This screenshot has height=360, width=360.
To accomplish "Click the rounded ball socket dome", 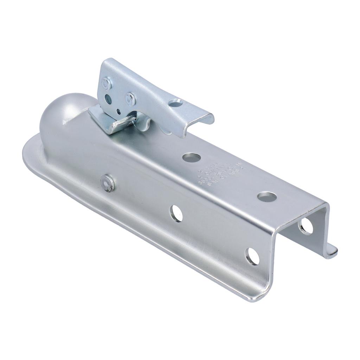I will [x=65, y=112].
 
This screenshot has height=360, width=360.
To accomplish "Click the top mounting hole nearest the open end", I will [x=266, y=196].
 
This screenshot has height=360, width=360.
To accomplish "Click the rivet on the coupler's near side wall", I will [x=107, y=183].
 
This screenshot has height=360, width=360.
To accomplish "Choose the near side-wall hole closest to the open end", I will [x=253, y=256].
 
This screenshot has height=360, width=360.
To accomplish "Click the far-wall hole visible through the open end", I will [x=306, y=227].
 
